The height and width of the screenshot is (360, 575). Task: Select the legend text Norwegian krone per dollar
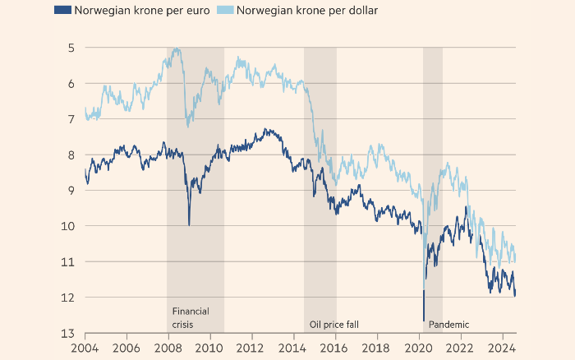309,11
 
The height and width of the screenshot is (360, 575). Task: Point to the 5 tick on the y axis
71,48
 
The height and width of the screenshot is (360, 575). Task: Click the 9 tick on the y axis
71,190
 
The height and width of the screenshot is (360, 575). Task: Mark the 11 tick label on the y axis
70,261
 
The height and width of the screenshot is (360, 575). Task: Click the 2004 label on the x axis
85,348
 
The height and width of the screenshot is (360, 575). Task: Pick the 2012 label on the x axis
252,348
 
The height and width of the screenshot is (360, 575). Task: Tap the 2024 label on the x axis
503,348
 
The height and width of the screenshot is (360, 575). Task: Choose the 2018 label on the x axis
377,348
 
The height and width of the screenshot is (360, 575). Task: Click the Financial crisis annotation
191,317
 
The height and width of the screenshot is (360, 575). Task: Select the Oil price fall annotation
333,324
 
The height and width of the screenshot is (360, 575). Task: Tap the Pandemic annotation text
449,324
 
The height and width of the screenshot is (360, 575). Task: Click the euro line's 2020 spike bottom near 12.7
424,321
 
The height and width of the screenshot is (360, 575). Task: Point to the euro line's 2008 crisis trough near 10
189,224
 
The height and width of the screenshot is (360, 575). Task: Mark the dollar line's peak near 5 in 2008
177,48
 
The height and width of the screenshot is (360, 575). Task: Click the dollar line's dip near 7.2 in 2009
188,126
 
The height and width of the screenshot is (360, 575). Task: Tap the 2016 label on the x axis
335,348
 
